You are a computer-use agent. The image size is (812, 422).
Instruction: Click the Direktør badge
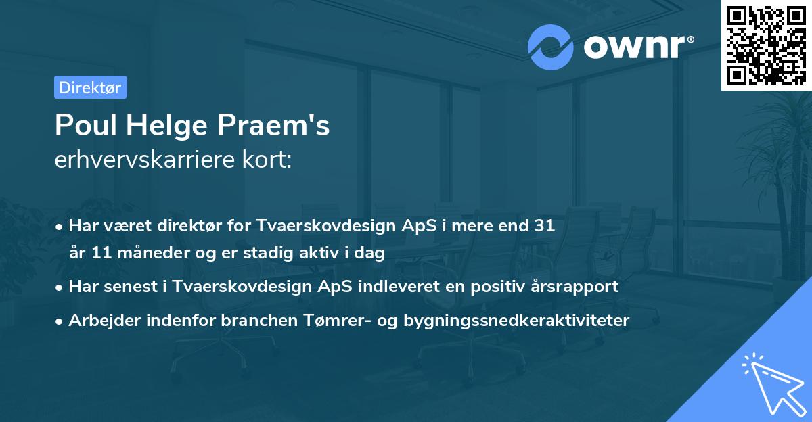(x=90, y=87)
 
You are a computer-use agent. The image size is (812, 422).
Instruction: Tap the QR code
(x=766, y=45)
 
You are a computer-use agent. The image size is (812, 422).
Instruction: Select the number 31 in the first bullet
(x=545, y=226)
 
